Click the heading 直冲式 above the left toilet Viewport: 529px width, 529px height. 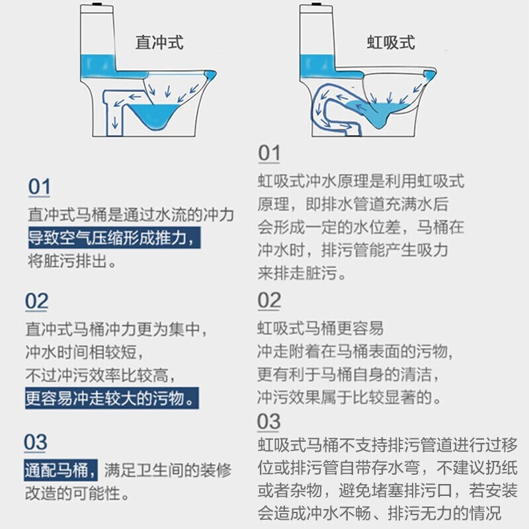(159, 43)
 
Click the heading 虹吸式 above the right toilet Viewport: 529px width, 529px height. (391, 43)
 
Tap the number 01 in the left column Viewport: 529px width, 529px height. (39, 187)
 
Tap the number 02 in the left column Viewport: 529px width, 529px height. (37, 302)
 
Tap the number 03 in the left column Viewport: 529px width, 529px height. (37, 442)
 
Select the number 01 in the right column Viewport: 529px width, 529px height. (269, 153)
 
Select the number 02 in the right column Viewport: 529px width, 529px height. (269, 301)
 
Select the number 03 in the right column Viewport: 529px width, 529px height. (269, 421)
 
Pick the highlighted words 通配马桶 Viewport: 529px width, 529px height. (61, 470)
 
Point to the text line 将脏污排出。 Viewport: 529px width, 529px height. (73, 261)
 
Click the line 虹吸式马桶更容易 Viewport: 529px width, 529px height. (320, 328)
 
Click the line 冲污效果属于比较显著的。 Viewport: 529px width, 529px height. (349, 397)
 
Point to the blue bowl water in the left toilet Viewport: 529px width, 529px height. (158, 118)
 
